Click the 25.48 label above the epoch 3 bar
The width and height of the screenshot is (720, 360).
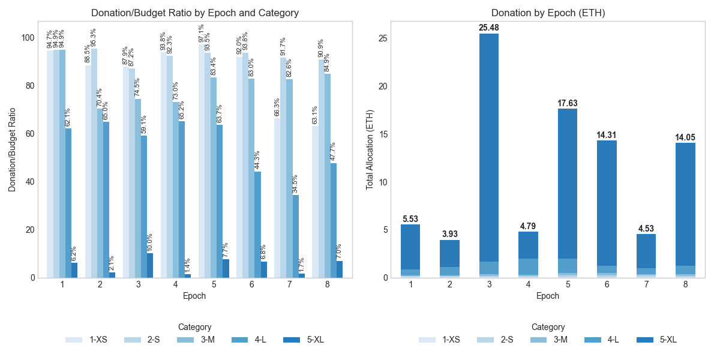tap(488, 28)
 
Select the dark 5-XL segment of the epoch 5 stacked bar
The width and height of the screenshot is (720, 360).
tap(568, 183)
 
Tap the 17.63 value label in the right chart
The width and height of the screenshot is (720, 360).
tap(568, 103)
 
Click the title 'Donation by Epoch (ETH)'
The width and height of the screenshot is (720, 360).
tap(547, 13)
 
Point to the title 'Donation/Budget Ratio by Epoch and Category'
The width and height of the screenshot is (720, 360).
tap(194, 13)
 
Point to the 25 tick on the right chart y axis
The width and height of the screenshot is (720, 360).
tap(383, 38)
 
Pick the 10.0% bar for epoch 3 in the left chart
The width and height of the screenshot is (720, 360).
tap(150, 265)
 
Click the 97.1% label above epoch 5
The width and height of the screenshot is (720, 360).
tap(201, 35)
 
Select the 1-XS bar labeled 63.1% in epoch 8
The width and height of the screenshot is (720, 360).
tap(314, 202)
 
